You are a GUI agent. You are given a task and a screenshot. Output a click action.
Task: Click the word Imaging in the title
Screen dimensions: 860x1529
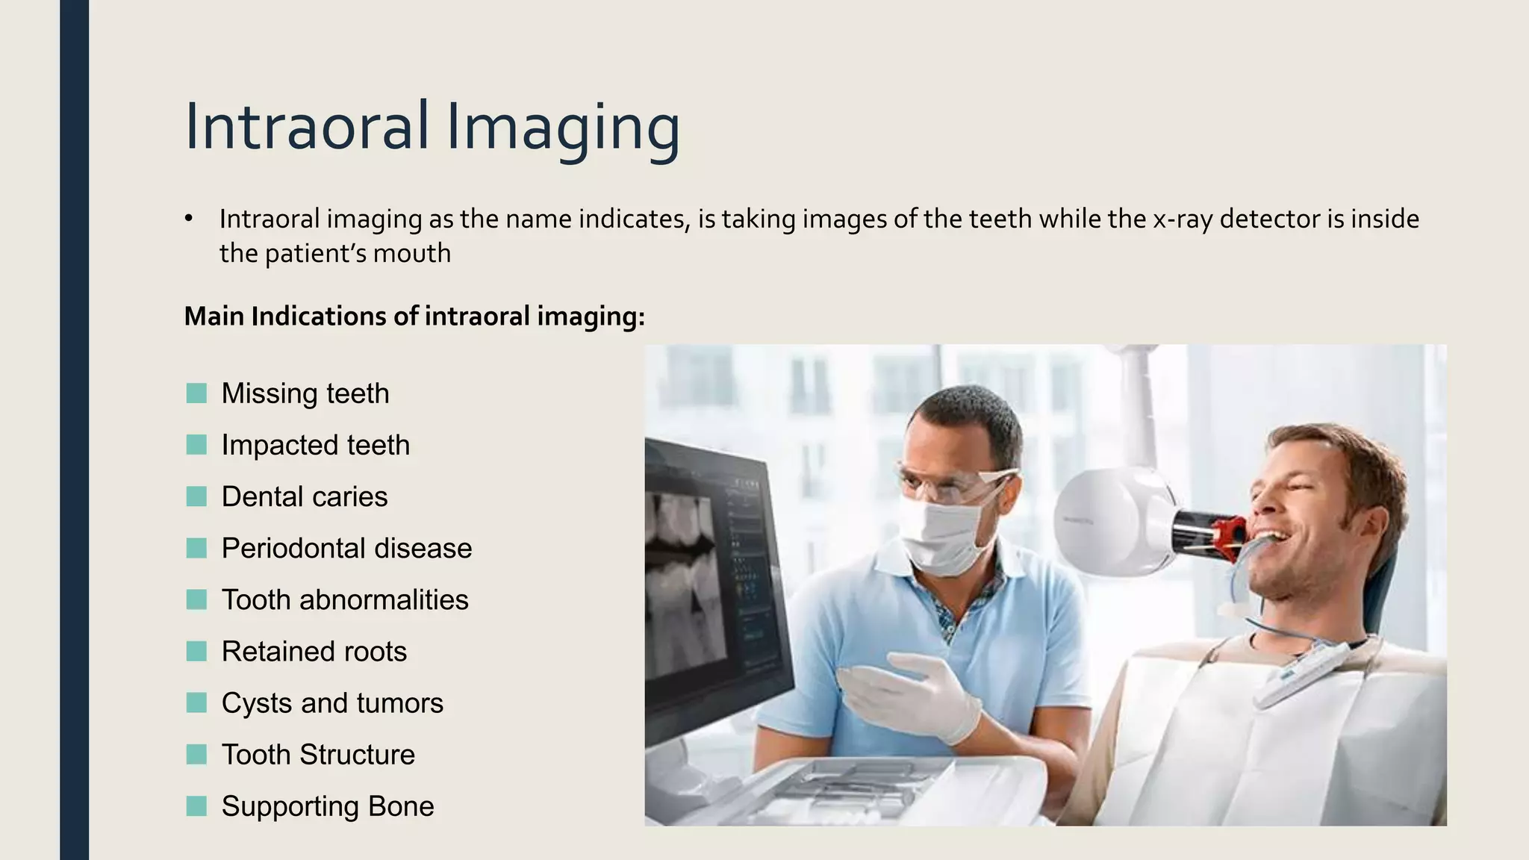click(x=563, y=127)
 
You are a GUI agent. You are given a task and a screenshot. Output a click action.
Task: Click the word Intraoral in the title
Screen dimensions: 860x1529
click(x=307, y=127)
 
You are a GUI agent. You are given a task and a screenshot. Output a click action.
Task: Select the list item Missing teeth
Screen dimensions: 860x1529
click(x=305, y=393)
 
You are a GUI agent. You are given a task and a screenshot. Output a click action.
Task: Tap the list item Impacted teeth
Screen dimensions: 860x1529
click(x=316, y=445)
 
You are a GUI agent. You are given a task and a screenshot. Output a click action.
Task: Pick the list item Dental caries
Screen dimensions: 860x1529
click(x=305, y=496)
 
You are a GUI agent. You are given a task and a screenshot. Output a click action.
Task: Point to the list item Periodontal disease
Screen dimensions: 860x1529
click(x=346, y=548)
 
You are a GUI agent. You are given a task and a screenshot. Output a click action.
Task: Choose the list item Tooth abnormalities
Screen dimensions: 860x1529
click(x=345, y=599)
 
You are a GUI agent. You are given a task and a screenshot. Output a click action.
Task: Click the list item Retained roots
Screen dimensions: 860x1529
click(x=314, y=651)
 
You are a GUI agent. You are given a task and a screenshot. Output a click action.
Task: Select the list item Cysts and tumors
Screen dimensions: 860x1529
click(x=332, y=702)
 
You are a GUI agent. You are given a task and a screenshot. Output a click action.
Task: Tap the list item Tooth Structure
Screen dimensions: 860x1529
click(x=318, y=754)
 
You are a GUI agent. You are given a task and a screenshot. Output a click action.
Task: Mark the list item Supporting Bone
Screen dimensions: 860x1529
click(x=328, y=806)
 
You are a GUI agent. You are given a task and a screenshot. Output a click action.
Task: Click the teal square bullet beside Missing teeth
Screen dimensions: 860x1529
click(x=196, y=393)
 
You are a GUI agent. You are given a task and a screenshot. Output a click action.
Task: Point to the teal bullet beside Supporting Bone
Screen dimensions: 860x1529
click(x=196, y=806)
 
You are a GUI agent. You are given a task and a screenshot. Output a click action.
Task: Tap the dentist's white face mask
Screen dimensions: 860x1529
click(x=941, y=534)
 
